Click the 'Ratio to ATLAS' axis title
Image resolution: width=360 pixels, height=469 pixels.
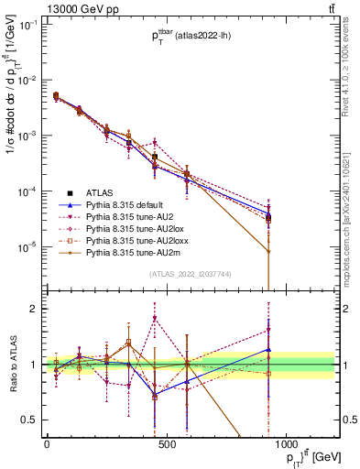10,365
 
